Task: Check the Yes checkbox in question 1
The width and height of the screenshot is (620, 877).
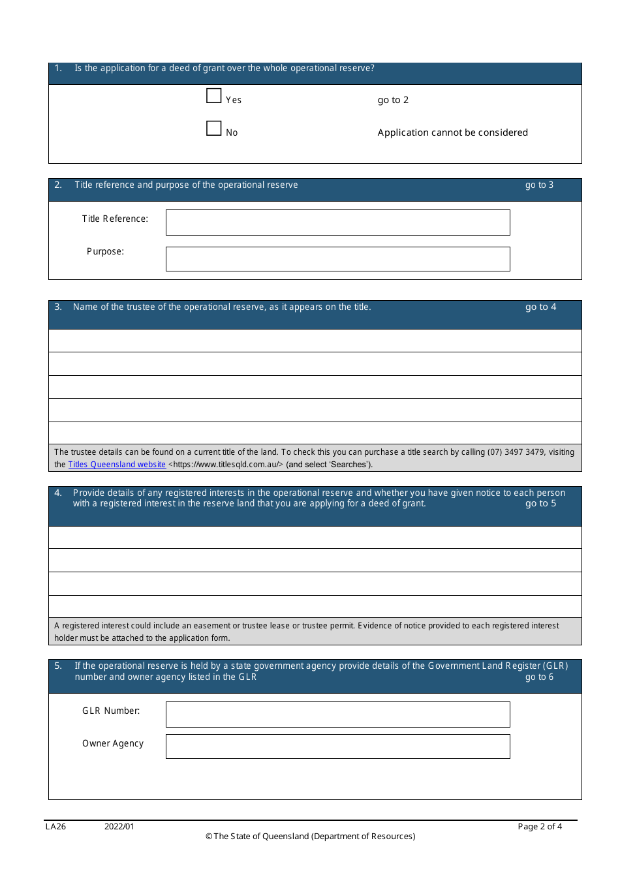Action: pos(214,96)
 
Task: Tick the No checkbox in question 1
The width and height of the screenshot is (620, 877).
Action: pos(214,129)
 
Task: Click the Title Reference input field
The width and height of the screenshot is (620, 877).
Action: pos(337,223)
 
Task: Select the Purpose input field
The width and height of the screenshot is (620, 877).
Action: pos(337,259)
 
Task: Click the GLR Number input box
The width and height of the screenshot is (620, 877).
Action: pos(337,715)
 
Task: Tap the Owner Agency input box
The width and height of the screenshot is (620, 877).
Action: pos(337,746)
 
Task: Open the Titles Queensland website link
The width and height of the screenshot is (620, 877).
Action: pos(117,465)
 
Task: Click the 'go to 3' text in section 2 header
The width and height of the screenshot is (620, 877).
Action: pos(539,185)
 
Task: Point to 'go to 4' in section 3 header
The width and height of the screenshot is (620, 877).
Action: pos(540,307)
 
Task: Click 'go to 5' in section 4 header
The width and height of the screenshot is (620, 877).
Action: pos(540,504)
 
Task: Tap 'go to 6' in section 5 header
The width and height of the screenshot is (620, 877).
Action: pos(539,677)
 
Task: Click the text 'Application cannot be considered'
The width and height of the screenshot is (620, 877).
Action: pos(452,132)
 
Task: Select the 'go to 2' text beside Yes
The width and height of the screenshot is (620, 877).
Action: pos(393,100)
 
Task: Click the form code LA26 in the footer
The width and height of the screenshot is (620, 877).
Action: pos(55,827)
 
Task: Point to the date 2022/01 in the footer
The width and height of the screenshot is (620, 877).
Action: pos(119,827)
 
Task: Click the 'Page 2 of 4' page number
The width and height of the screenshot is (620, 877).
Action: pos(539,827)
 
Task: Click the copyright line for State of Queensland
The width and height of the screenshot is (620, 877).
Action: pos(310,837)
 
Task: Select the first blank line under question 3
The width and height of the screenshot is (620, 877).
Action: pos(315,341)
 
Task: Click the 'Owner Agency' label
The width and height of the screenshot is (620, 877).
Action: pos(113,744)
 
